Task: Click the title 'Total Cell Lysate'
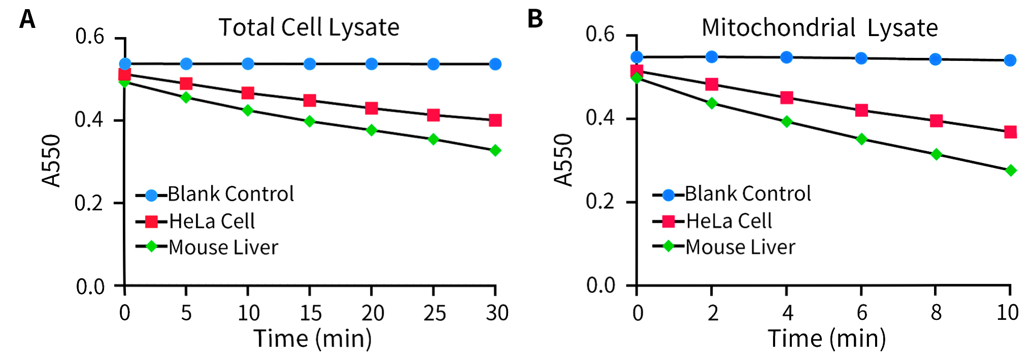[x=309, y=27]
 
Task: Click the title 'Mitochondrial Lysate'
[x=819, y=28]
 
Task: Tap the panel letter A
[x=27, y=20]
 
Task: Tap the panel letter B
[x=535, y=19]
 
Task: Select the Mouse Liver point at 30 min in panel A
[x=495, y=150]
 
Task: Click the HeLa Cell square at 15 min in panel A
[x=310, y=100]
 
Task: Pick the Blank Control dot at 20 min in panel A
[x=372, y=64]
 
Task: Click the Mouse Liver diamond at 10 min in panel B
[x=1011, y=170]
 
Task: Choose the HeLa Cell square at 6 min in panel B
[x=861, y=110]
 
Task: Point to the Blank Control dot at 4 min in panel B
[x=786, y=57]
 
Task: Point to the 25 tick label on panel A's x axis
[x=434, y=313]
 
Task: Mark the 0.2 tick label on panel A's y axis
[x=89, y=203]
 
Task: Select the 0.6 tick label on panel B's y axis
[x=600, y=35]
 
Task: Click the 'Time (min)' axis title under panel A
[x=313, y=339]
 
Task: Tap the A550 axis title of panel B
[x=563, y=160]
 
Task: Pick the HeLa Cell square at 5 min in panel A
[x=186, y=83]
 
